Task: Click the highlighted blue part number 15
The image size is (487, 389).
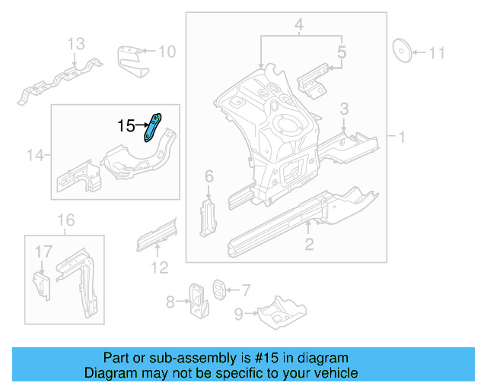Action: point(154,125)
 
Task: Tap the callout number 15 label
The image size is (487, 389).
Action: point(126,125)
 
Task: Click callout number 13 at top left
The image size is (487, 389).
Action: point(76,44)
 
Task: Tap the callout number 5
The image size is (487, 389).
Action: point(342,52)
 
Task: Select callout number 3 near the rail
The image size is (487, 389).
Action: point(344,109)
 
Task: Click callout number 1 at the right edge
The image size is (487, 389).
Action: point(401,137)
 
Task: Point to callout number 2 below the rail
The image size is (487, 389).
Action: point(308,244)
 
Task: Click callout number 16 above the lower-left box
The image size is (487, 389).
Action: point(67,220)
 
